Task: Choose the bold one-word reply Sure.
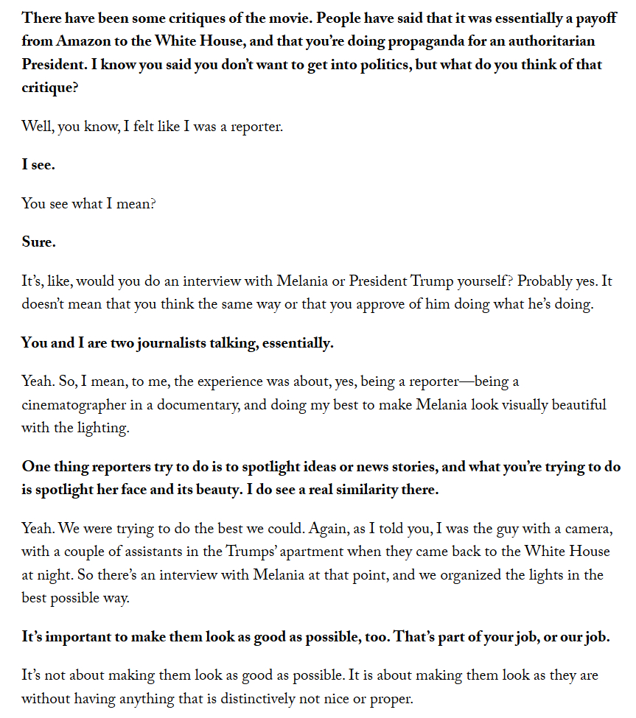[x=38, y=242]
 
